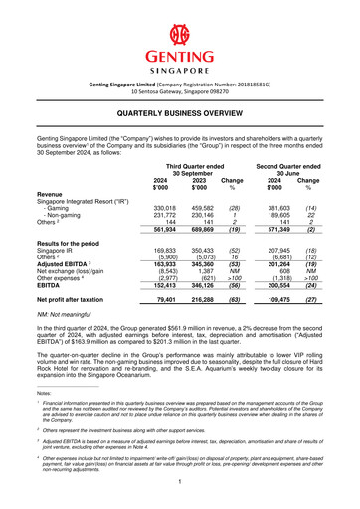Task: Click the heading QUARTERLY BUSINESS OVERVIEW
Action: (180, 115)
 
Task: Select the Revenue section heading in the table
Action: (52, 193)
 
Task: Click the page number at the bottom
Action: (180, 480)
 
